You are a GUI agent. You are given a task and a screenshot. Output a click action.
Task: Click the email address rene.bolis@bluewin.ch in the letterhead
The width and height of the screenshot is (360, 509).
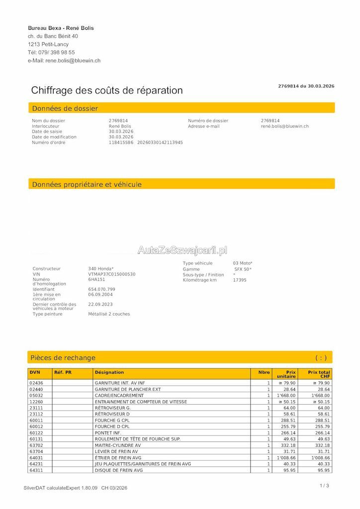pos(73,61)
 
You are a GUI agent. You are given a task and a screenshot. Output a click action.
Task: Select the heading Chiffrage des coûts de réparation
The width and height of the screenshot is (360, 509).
pos(107,90)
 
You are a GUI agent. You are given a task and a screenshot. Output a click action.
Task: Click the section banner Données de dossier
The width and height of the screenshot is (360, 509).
pos(65,108)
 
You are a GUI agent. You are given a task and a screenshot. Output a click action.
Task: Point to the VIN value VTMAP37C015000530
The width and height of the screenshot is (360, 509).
pos(111,274)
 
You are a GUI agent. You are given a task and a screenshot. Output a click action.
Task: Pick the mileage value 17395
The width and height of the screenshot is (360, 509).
pos(240,280)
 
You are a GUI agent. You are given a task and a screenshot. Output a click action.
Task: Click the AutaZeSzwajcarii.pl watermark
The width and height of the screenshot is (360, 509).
pos(182,250)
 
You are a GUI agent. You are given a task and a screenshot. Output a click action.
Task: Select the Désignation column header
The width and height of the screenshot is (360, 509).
pos(109,372)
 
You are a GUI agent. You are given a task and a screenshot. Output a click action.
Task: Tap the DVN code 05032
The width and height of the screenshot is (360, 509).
pos(36,396)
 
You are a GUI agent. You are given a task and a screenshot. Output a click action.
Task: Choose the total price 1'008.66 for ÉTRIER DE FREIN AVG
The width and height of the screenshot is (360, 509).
pos(320,458)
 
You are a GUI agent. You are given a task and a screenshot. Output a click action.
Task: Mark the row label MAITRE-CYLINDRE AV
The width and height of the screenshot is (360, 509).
pos(117,445)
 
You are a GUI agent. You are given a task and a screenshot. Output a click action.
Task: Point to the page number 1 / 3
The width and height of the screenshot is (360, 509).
pos(324,486)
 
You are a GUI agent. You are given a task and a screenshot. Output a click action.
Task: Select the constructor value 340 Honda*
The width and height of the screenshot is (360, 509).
pos(100,268)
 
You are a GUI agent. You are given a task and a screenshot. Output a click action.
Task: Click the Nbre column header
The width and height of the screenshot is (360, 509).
pos(264,372)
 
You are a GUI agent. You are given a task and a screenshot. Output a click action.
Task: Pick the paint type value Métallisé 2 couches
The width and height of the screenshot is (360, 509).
pos(109,314)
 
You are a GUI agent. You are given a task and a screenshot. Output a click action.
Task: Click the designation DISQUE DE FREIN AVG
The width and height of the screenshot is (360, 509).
pos(118,470)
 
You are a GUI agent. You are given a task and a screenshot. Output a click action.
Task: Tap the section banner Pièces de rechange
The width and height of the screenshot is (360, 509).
pos(63,358)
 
